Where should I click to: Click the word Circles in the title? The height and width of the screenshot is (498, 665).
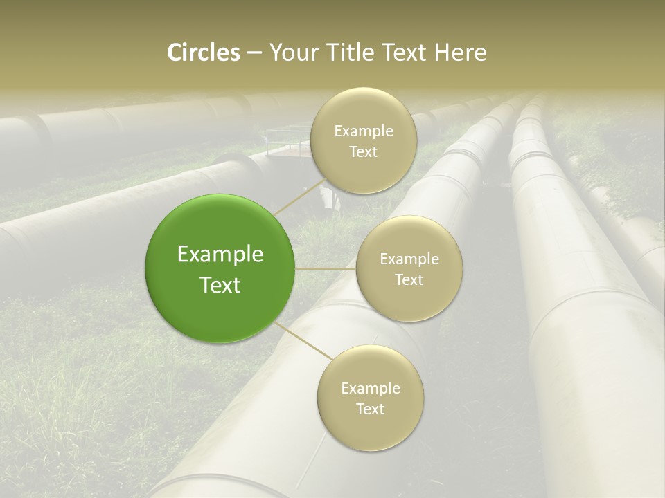click(x=203, y=53)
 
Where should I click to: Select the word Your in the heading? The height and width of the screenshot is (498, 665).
click(x=294, y=53)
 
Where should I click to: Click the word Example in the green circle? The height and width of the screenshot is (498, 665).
click(x=220, y=255)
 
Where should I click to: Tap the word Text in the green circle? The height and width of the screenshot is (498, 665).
click(x=220, y=285)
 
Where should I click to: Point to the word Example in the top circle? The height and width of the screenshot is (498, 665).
click(x=363, y=131)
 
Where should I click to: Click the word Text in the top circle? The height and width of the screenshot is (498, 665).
click(x=363, y=152)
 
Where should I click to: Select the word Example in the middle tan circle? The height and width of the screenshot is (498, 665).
click(x=409, y=259)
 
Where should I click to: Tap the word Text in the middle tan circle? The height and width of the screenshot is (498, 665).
click(x=409, y=280)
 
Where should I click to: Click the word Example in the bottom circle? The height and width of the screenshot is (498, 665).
click(x=370, y=389)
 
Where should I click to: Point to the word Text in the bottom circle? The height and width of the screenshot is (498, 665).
click(x=370, y=409)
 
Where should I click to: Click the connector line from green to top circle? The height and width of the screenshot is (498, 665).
click(x=300, y=196)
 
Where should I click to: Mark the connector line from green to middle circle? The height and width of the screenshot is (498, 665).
click(x=326, y=268)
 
